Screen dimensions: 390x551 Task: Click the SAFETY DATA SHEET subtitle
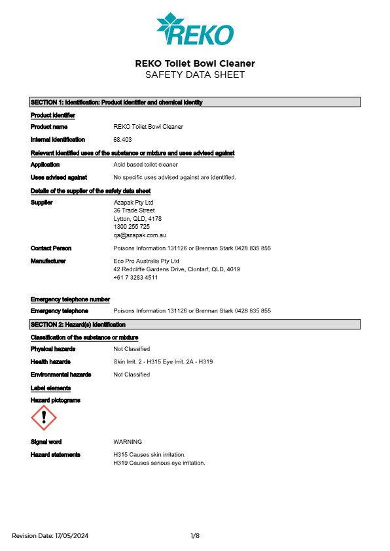coord(194,75)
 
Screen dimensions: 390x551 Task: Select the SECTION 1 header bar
coord(195,103)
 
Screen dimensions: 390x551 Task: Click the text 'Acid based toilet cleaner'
coord(145,165)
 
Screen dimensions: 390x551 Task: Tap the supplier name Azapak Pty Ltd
coord(133,203)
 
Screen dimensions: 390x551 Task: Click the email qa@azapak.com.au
coord(141,235)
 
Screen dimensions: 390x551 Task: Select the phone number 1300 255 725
coord(132,227)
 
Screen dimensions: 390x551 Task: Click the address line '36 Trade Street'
coord(134,210)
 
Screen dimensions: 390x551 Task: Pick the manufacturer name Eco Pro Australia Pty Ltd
coord(146,261)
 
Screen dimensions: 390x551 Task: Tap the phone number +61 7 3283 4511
coord(135,277)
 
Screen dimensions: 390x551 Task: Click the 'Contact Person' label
coord(51,248)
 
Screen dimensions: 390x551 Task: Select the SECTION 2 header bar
coord(195,324)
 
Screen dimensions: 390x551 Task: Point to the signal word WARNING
coord(128,442)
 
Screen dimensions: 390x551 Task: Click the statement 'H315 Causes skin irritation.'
coord(149,454)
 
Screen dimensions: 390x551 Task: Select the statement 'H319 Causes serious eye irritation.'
coord(159,463)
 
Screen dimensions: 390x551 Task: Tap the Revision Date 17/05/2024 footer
coord(50,536)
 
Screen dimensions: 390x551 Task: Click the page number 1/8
coord(195,536)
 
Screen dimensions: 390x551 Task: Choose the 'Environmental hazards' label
coord(61,375)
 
